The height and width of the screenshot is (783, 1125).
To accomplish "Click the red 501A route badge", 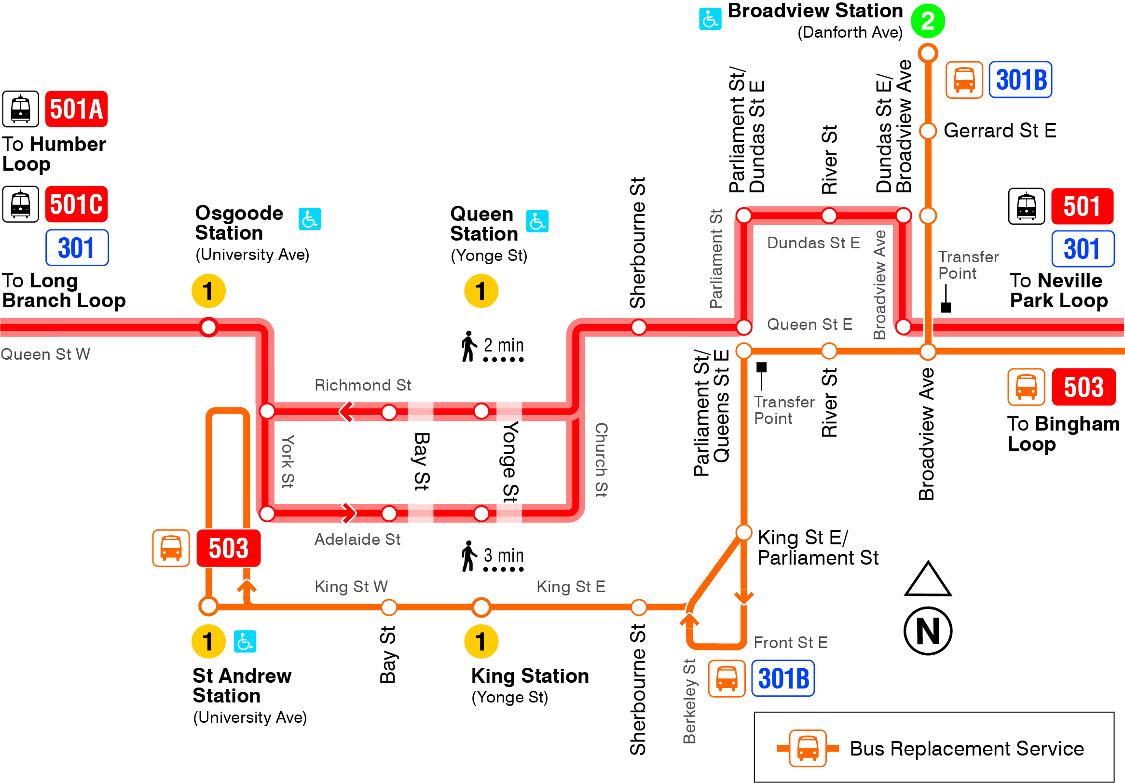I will point(76,108).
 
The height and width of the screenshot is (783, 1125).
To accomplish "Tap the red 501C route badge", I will point(76,204).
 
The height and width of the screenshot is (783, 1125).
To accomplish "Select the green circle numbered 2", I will point(928,21).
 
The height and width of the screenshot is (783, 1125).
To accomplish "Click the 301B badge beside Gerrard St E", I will point(1021,80).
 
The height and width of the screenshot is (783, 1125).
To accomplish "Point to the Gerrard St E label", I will point(1000,131).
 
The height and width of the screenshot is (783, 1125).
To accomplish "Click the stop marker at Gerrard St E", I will point(928,131).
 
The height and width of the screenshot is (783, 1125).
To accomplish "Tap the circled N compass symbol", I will point(928,631).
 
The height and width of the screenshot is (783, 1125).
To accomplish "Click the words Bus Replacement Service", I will point(966,749).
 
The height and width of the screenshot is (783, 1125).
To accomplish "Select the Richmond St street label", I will point(363,385).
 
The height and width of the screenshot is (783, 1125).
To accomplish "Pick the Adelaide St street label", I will point(357,539).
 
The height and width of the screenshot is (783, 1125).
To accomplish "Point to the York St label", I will point(288,461).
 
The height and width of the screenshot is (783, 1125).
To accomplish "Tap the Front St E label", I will point(790,643).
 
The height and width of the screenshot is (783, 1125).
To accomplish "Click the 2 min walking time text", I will point(503,345).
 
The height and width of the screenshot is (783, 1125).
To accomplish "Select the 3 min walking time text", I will point(503,555).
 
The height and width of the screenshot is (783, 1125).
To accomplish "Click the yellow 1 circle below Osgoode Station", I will point(209,291).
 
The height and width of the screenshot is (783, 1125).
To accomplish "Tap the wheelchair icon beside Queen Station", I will point(537,221).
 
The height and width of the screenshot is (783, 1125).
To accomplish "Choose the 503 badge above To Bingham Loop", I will point(1084,387).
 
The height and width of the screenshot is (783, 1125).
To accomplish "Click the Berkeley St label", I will point(689,701).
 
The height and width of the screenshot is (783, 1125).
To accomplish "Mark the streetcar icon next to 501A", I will point(21,108).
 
